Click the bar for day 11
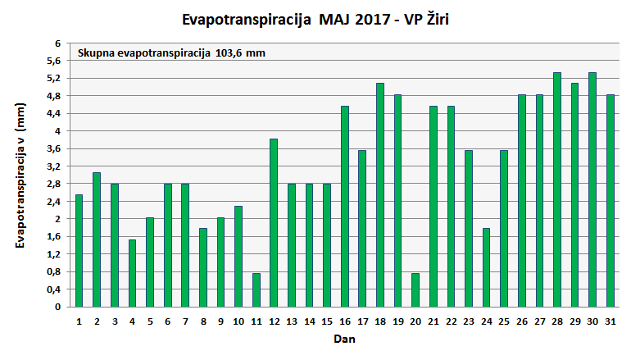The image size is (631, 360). [x=256, y=289]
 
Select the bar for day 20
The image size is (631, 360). [x=415, y=289]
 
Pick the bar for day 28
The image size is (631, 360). [x=557, y=189]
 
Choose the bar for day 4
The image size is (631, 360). [x=133, y=273]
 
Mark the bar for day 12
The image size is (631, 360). [x=274, y=222]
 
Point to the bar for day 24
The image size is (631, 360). [x=487, y=267]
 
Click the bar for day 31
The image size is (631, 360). [x=611, y=200]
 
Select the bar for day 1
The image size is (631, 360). [x=79, y=250]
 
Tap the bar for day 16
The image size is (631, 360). [x=345, y=206]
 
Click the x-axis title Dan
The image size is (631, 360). [x=344, y=338]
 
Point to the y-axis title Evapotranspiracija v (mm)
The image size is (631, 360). [x=20, y=175]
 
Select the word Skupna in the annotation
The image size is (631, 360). [x=97, y=53]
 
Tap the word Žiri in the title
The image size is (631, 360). [x=432, y=17]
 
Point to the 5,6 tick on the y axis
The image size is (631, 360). [x=53, y=61]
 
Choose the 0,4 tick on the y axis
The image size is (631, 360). [x=53, y=289]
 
